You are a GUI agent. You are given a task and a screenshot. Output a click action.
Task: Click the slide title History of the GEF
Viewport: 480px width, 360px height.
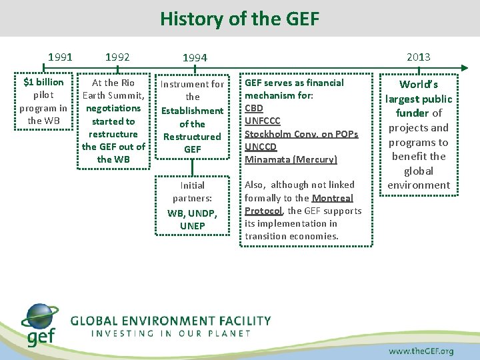(240, 18)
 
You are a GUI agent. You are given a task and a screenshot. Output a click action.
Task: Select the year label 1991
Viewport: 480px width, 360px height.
(60, 57)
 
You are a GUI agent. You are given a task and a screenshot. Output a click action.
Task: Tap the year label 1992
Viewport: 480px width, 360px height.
(117, 57)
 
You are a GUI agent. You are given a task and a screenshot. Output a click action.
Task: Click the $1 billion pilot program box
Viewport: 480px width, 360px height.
(44, 101)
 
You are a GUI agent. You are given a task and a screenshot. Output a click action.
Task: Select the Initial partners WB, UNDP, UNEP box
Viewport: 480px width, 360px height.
(192, 205)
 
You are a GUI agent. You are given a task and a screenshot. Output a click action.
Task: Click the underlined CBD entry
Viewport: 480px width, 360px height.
(254, 108)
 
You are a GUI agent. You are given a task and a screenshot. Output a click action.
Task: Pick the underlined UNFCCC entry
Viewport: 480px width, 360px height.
(263, 121)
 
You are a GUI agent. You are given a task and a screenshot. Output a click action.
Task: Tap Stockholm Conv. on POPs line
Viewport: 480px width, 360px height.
(301, 134)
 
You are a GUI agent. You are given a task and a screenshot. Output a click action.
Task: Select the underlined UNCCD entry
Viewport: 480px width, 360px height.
(261, 147)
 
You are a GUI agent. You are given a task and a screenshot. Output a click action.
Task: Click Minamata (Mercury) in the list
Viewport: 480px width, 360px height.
(291, 159)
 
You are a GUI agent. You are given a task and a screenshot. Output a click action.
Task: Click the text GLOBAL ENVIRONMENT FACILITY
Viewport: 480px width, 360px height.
(171, 321)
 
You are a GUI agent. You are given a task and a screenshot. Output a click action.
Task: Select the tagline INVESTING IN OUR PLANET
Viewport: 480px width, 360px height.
(171, 333)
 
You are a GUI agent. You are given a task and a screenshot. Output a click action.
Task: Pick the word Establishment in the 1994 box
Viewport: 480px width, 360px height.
(192, 111)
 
